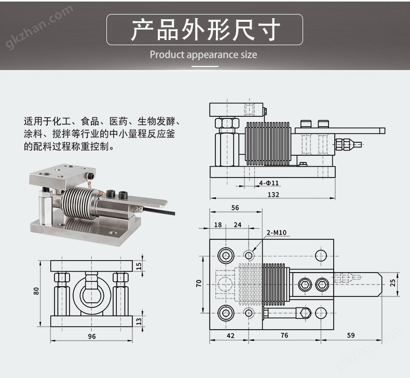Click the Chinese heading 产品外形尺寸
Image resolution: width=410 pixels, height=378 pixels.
click(x=205, y=30)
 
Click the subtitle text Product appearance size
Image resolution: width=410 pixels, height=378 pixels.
click(x=203, y=55)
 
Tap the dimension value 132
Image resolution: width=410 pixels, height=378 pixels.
click(x=274, y=194)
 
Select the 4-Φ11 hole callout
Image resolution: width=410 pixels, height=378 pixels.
click(x=269, y=183)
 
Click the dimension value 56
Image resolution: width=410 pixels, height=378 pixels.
click(x=235, y=208)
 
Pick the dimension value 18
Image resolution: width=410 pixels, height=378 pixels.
click(x=217, y=225)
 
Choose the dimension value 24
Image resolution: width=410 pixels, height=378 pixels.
click(x=238, y=225)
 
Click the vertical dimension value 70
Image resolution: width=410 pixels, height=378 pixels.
click(x=199, y=283)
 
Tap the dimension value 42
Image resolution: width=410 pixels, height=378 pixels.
click(x=230, y=335)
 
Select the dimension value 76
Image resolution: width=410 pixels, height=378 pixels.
click(x=284, y=335)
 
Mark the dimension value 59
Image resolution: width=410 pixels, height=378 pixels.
click(x=351, y=335)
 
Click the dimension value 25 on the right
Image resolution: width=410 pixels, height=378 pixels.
click(x=393, y=282)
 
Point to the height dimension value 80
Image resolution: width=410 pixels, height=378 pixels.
click(x=36, y=291)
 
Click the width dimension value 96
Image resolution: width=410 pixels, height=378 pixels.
click(x=91, y=336)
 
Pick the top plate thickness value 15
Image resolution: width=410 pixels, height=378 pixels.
click(x=138, y=266)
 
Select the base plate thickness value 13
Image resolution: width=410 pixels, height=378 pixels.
click(x=138, y=321)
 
